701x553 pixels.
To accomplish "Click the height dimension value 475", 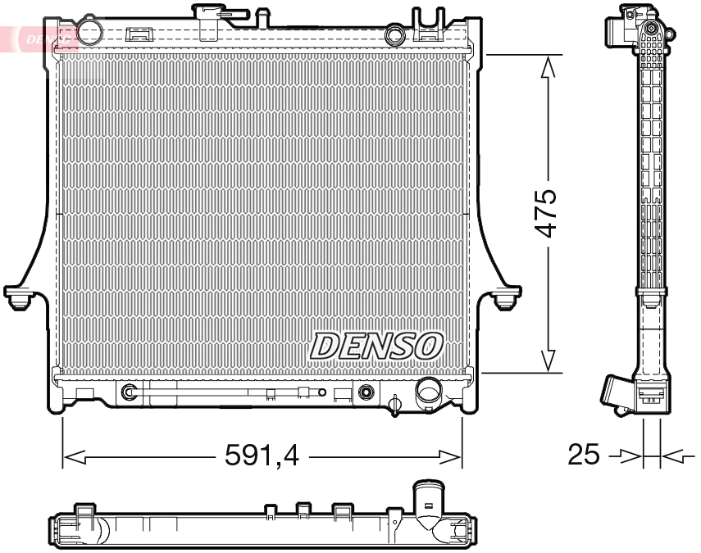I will [x=547, y=213].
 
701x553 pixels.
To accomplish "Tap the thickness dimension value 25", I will [x=584, y=455].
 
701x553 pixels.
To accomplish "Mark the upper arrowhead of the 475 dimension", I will [x=547, y=67].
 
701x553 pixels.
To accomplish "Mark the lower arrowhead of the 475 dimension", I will [x=547, y=360].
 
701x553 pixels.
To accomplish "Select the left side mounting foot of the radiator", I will [x=18, y=297].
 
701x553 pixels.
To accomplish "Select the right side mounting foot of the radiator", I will [x=508, y=297].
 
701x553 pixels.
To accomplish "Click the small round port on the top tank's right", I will [x=395, y=35].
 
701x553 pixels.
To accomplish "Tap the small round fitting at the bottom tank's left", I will [x=129, y=393].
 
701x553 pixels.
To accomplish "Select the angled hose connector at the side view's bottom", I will [x=618, y=391].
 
